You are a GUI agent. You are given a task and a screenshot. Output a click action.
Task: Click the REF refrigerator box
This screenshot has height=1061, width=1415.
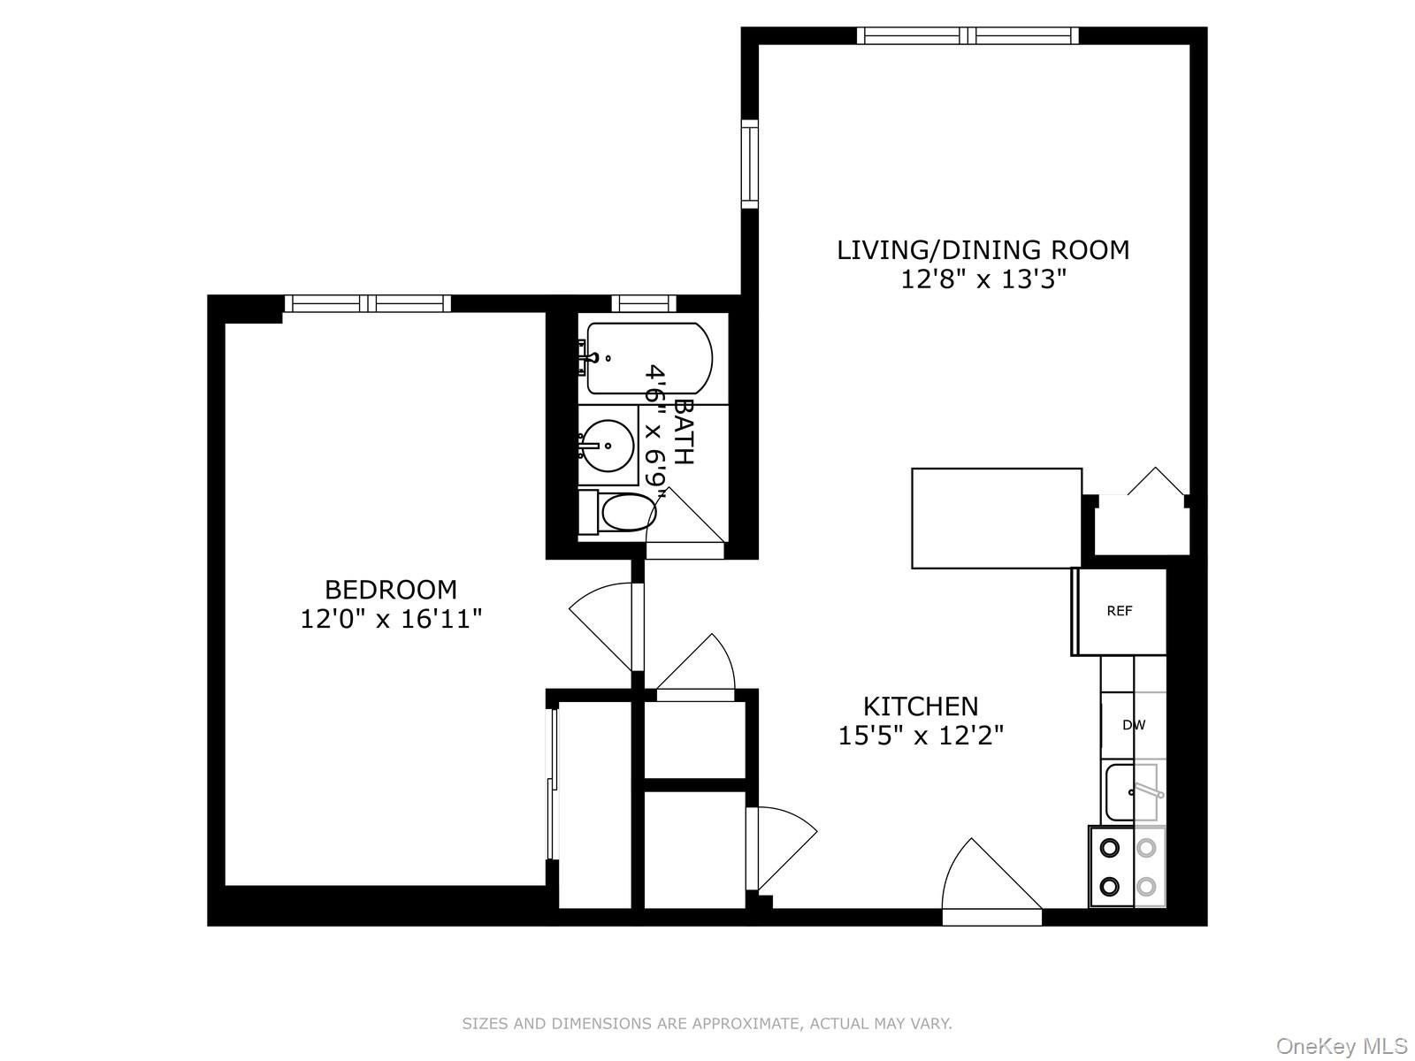click(x=1120, y=611)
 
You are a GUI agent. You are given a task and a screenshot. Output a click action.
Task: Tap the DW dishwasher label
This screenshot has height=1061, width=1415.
click(x=1134, y=725)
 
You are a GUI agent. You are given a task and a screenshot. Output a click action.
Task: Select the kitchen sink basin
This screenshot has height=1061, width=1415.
click(x=1121, y=793)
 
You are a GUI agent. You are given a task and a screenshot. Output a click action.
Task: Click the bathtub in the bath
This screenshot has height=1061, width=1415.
click(x=648, y=358)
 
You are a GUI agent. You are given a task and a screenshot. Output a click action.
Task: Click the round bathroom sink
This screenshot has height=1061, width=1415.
click(x=608, y=445)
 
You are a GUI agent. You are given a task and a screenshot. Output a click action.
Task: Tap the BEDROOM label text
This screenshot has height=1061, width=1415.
click(x=391, y=590)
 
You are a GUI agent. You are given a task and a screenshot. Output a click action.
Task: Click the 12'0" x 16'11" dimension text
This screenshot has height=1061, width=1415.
click(x=391, y=619)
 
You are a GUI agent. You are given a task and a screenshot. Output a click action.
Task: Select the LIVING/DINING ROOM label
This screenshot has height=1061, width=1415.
click(x=983, y=250)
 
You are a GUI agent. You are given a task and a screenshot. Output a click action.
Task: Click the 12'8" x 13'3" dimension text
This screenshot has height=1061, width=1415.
click(x=983, y=279)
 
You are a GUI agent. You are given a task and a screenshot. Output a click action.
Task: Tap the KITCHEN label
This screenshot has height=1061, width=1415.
click(x=921, y=706)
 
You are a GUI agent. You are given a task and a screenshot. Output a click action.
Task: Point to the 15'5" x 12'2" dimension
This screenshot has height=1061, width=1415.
click(x=921, y=736)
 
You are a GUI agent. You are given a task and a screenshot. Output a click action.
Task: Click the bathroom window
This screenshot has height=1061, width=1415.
click(x=643, y=303)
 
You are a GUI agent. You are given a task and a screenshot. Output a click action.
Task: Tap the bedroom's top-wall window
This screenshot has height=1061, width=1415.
click(x=367, y=303)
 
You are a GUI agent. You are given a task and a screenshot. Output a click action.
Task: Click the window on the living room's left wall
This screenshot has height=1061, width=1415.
click(x=750, y=164)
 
